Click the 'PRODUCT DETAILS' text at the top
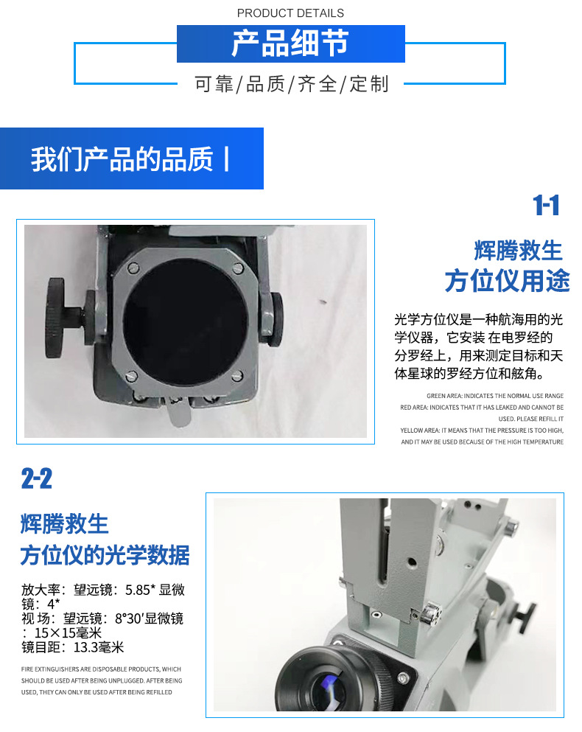(290, 13)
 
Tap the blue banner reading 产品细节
(290, 43)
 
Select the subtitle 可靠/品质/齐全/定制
(290, 84)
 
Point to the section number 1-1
(546, 206)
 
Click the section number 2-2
(37, 480)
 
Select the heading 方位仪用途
(507, 281)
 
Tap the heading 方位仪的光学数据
(105, 555)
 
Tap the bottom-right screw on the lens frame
(236, 377)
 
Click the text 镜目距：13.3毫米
(72, 647)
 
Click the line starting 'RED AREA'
(483, 407)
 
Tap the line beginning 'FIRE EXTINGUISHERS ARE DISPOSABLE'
(101, 669)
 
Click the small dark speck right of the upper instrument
(322, 301)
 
